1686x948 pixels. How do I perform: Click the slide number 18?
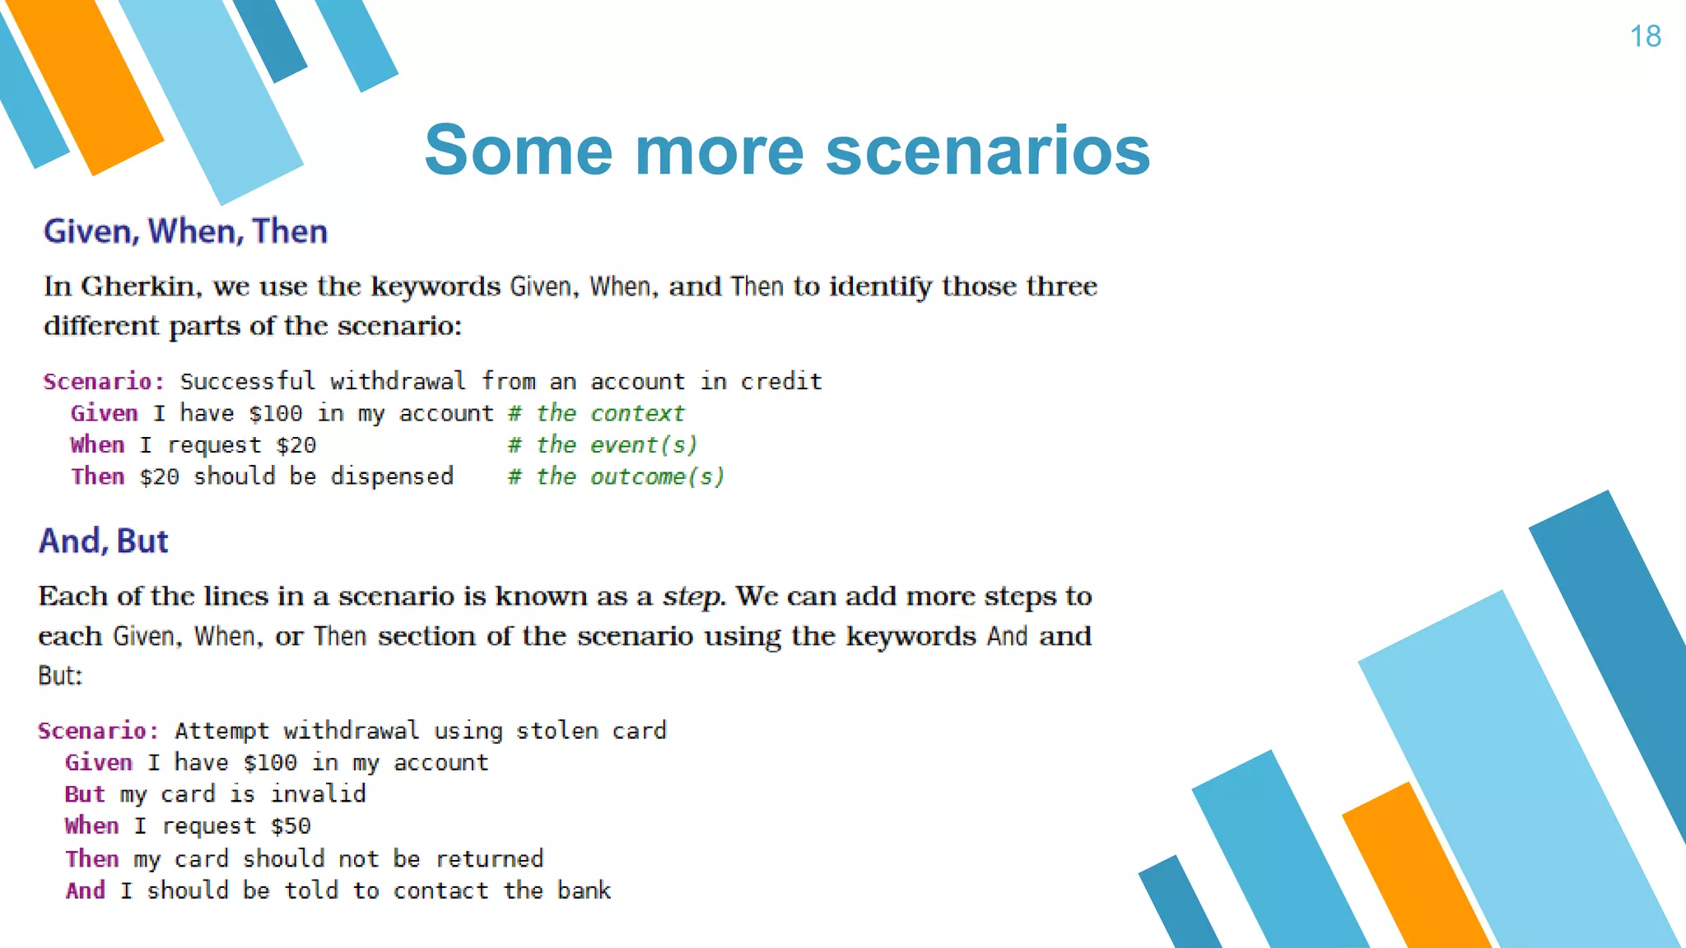(1645, 36)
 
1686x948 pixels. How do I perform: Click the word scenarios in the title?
(987, 151)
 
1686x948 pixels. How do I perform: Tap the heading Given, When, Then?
(185, 231)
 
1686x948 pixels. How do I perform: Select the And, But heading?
(104, 541)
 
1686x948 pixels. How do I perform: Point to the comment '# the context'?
(596, 413)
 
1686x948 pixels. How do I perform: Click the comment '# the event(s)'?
(603, 445)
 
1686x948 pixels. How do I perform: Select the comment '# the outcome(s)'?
(616, 476)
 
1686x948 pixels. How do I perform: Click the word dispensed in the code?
(392, 476)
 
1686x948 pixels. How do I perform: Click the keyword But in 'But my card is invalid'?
(85, 794)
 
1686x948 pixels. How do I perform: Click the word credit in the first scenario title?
(780, 381)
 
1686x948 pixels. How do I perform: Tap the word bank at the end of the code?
(584, 890)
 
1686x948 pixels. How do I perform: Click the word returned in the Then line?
(489, 858)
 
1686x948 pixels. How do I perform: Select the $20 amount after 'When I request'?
(296, 445)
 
